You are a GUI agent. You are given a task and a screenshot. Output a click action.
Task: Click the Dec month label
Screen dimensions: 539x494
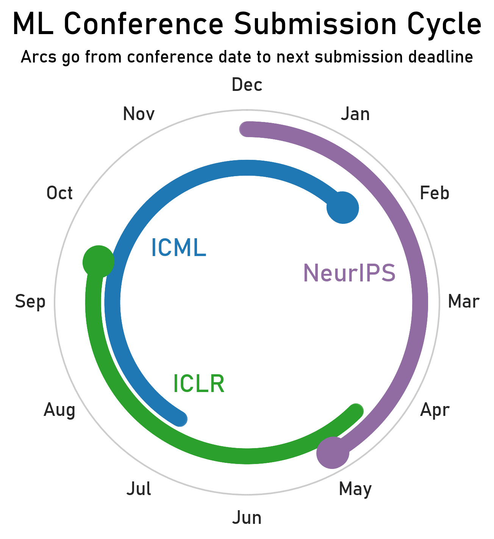(247, 85)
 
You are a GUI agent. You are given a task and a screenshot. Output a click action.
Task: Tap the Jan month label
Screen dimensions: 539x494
(355, 114)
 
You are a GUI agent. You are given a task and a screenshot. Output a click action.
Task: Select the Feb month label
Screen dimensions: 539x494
(435, 193)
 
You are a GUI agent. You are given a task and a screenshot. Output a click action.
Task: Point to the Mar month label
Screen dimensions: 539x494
(463, 302)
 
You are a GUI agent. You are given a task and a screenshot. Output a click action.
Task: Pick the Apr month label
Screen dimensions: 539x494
(435, 410)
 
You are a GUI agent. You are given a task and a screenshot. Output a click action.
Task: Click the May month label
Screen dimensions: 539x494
(355, 489)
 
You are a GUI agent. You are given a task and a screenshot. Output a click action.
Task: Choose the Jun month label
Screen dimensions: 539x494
(247, 518)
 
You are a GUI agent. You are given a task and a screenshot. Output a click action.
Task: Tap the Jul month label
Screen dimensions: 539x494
(139, 489)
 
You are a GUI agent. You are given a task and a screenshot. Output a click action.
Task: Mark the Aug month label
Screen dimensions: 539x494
(59, 410)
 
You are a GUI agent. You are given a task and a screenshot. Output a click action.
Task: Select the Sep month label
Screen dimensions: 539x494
(30, 302)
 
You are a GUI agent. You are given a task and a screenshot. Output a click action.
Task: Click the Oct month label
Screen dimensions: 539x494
(59, 193)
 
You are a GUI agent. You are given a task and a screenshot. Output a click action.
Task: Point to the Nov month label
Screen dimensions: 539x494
(139, 114)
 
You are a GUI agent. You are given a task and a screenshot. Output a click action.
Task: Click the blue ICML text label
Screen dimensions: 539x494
(178, 248)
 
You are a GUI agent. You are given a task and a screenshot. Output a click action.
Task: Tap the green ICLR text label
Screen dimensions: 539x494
(199, 384)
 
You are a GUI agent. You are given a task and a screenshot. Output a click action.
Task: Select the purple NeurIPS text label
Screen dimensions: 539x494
(349, 273)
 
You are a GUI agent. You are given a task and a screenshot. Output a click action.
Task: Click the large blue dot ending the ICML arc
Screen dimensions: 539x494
(343, 208)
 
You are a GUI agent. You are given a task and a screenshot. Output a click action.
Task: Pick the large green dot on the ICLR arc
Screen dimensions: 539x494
(98, 261)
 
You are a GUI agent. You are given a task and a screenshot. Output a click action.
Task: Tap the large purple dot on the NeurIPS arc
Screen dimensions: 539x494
(333, 452)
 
